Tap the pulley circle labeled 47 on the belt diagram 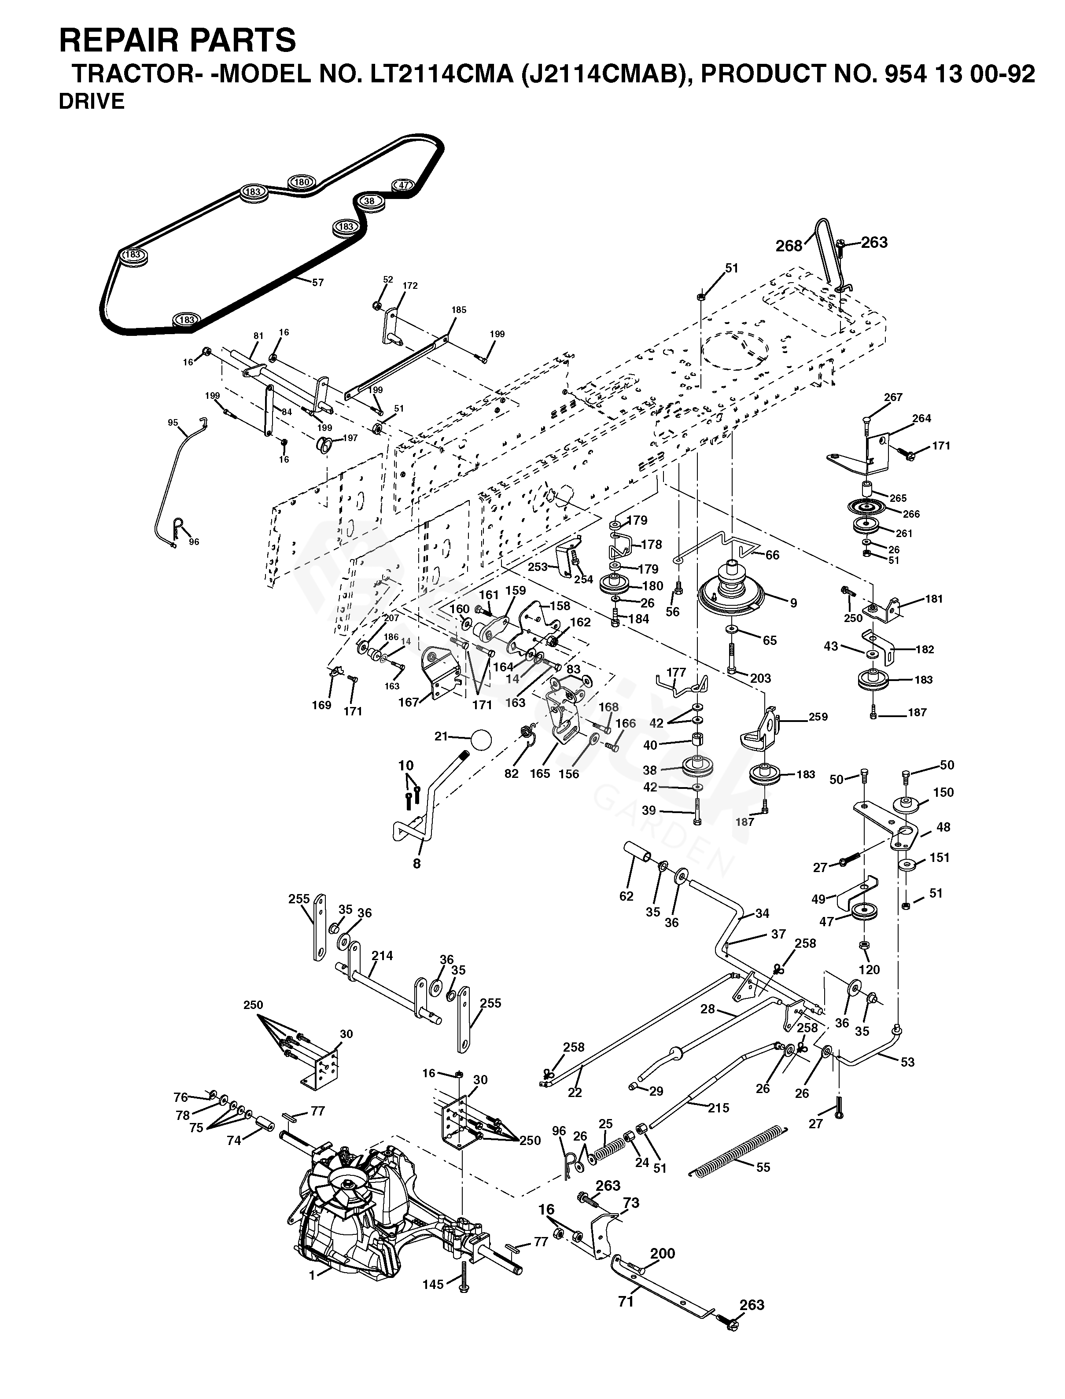point(404,185)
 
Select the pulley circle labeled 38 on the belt point(369,201)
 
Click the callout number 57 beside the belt point(317,283)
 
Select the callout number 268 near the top point(789,246)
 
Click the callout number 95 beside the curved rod point(173,423)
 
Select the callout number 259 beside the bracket point(818,717)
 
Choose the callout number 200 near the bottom point(663,1253)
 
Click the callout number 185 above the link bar point(458,310)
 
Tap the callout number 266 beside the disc point(911,514)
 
